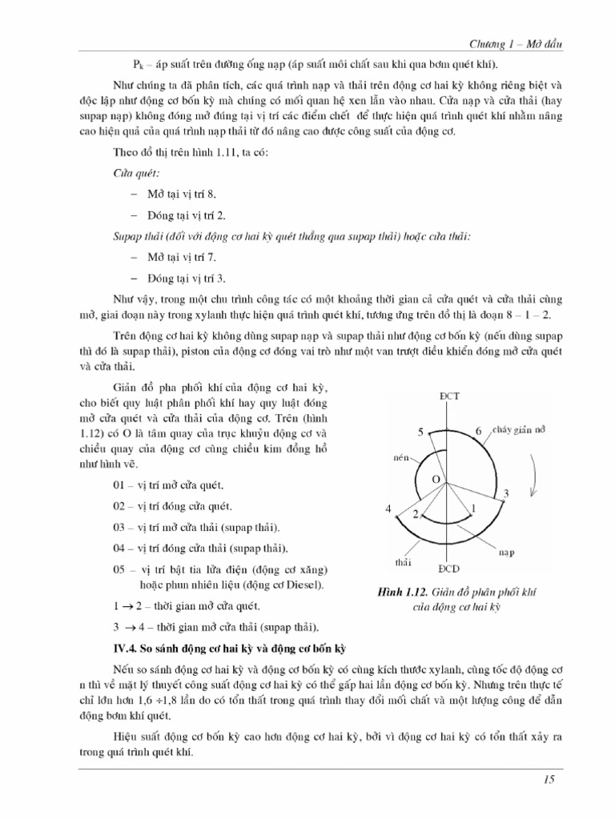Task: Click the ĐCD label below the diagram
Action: pyautogui.click(x=448, y=569)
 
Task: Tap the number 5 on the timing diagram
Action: pyautogui.click(x=419, y=432)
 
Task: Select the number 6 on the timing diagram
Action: pyautogui.click(x=479, y=432)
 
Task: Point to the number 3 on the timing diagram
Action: pyautogui.click(x=506, y=492)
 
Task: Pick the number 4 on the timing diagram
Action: pyautogui.click(x=388, y=509)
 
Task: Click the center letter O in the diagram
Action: pyautogui.click(x=436, y=478)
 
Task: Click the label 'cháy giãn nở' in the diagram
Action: pyautogui.click(x=517, y=431)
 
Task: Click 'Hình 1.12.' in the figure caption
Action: pyautogui.click(x=402, y=592)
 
